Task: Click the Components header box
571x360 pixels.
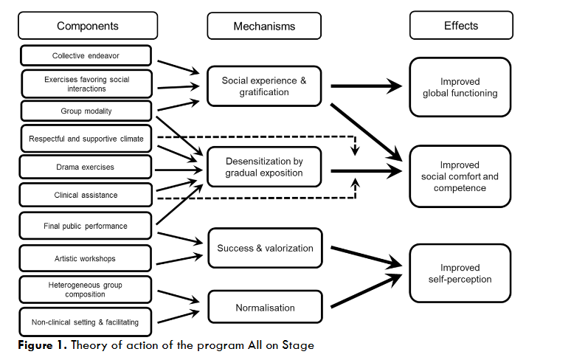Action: (x=87, y=26)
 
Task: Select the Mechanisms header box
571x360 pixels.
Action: (x=264, y=26)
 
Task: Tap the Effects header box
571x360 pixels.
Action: (x=460, y=26)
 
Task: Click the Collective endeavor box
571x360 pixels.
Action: (x=86, y=56)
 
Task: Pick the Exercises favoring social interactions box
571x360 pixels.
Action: (x=86, y=83)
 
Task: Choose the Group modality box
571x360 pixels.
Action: (x=86, y=111)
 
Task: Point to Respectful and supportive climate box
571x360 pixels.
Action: (x=86, y=139)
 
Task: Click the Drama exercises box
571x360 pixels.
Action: (x=86, y=167)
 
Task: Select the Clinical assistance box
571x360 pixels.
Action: (x=86, y=195)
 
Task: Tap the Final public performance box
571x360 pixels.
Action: (x=86, y=226)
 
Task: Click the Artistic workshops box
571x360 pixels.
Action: (x=86, y=258)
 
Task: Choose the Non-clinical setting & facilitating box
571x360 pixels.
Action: (x=86, y=322)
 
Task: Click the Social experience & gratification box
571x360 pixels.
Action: (x=264, y=87)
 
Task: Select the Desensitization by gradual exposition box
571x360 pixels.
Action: (x=264, y=167)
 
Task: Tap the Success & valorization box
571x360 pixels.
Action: (x=265, y=249)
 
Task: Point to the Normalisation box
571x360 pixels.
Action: (x=265, y=308)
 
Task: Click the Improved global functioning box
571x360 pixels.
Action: (x=460, y=87)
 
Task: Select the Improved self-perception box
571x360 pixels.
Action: (x=460, y=273)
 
